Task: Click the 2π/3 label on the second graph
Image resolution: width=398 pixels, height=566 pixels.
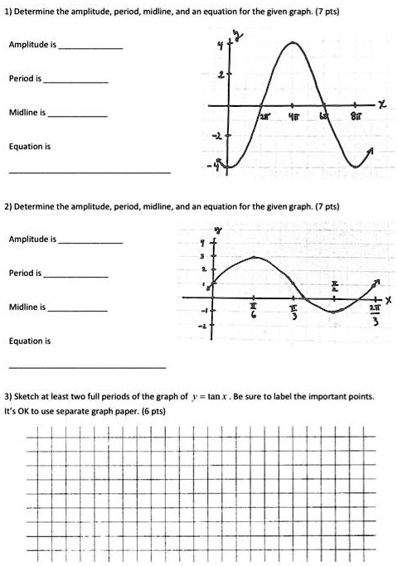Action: click(x=376, y=315)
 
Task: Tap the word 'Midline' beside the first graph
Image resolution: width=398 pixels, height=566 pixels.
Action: click(x=24, y=112)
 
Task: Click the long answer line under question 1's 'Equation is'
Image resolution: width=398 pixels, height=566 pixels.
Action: click(x=90, y=172)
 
